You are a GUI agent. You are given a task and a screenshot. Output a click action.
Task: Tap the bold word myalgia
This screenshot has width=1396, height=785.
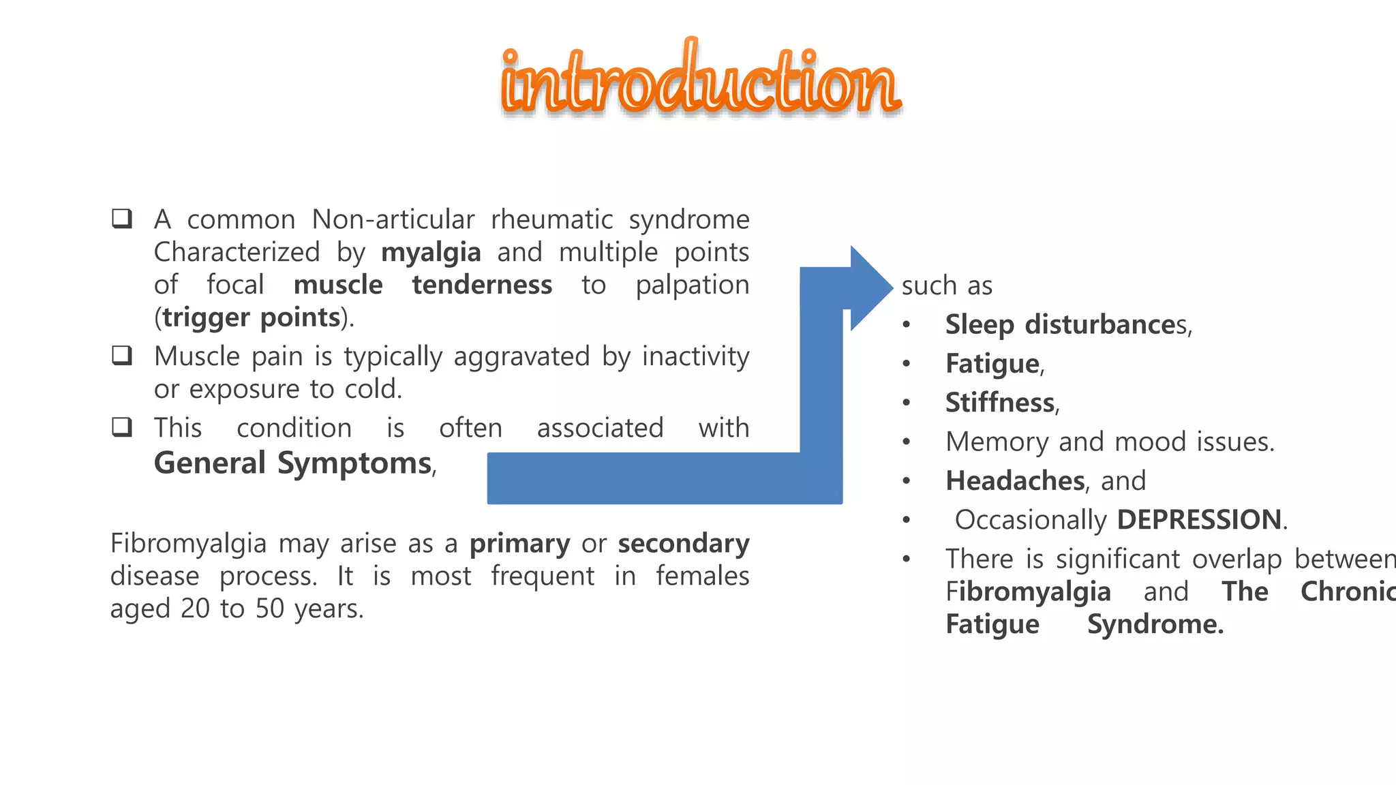(431, 253)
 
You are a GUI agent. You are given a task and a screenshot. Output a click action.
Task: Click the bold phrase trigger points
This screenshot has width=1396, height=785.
(251, 318)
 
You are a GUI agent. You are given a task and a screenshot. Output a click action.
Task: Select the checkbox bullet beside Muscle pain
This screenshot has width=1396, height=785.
(122, 356)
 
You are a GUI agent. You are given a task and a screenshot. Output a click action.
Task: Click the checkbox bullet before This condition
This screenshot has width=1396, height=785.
(122, 427)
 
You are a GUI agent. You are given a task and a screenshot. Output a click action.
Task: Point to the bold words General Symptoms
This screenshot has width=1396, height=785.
(293, 463)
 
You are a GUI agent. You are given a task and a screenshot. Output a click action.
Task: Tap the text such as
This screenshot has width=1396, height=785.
(947, 286)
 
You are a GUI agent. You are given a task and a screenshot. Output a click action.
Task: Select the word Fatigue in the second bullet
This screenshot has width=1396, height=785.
(992, 364)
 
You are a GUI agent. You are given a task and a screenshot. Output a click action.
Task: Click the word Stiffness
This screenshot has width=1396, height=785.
(1000, 403)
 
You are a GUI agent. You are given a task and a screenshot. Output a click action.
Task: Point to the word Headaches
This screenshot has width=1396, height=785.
(1015, 481)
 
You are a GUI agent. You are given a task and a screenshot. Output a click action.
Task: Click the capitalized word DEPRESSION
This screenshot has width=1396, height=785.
(1200, 520)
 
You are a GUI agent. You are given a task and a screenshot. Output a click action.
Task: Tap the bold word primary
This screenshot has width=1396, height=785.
(519, 544)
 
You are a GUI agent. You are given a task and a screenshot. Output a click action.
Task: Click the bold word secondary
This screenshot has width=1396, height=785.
(683, 544)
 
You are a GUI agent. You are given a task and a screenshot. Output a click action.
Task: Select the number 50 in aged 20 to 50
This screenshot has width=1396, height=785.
(269, 609)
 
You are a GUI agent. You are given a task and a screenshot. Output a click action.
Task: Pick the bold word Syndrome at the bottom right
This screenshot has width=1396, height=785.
(1155, 624)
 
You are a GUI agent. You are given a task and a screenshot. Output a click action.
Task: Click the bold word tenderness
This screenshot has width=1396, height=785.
(482, 285)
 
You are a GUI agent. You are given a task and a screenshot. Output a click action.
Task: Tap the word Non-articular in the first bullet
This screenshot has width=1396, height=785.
(393, 220)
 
